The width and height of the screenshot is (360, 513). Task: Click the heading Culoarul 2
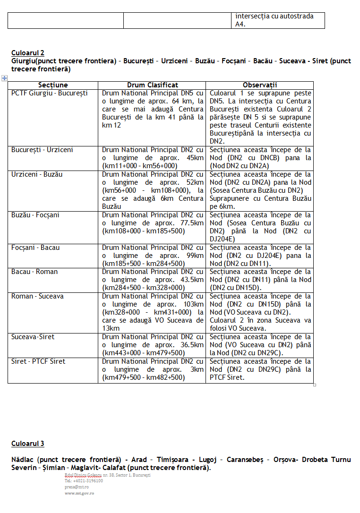pos(28,53)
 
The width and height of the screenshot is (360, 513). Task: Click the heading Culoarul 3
pos(28,444)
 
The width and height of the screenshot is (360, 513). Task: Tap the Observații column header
pos(259,85)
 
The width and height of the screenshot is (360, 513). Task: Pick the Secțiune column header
pos(53,85)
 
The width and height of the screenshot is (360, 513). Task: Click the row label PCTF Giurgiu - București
pos(50,94)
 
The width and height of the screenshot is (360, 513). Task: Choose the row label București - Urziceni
pos(42,150)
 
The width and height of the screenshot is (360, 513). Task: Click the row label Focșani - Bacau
pos(35,248)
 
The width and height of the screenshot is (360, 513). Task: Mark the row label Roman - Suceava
pos(37,296)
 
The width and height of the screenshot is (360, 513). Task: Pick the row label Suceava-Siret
pos(33,337)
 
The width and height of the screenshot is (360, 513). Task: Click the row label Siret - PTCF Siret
pos(38,361)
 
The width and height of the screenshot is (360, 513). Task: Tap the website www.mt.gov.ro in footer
pos(79,493)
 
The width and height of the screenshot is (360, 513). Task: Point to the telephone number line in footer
pos(84,481)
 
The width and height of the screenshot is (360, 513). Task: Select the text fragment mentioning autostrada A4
pos(274,20)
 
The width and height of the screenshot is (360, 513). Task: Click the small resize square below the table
pos(315,385)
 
